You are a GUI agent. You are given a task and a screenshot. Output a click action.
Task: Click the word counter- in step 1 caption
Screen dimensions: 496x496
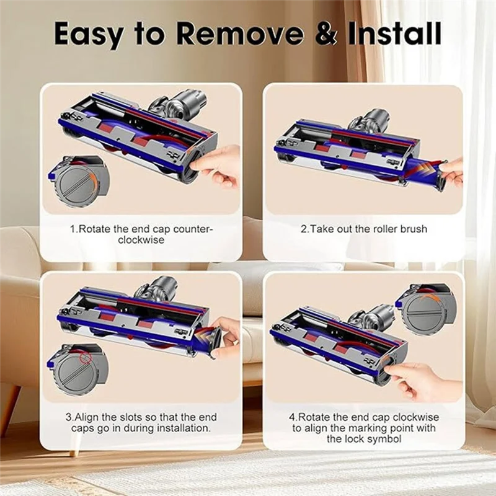[191, 229]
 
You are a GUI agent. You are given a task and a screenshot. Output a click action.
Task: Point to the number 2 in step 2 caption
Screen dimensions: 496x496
[304, 229]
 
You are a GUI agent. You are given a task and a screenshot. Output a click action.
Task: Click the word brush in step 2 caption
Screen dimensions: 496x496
[413, 229]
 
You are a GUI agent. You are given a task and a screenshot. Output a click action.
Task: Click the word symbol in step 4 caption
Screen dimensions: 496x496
[381, 439]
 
